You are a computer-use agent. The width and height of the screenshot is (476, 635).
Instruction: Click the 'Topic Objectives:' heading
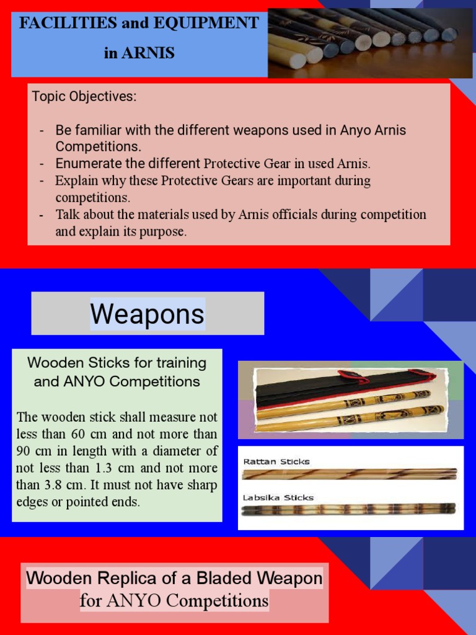(84, 97)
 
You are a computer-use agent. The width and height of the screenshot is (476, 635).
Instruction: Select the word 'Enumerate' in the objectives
(84, 164)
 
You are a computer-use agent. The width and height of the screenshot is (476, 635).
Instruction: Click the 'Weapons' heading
(148, 314)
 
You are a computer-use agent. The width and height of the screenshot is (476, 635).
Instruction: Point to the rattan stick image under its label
(349, 474)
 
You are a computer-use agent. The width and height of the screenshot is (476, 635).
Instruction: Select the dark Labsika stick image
(349, 509)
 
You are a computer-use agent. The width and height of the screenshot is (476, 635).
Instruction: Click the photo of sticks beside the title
(371, 38)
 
